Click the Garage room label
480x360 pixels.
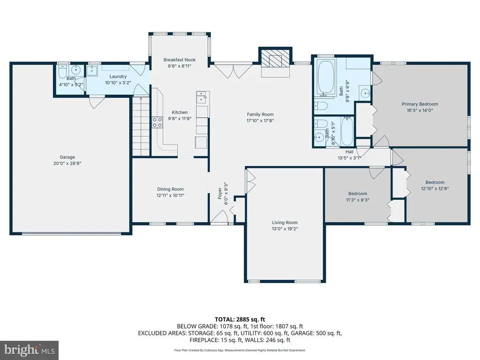[x=67, y=157]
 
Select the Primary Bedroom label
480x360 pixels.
[x=420, y=104]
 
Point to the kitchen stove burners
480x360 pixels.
[x=157, y=122]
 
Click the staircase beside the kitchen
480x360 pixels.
[x=141, y=127]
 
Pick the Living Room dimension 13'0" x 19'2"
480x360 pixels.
[x=285, y=229]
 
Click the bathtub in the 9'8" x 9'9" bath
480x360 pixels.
[x=326, y=77]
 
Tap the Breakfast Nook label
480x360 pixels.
[x=180, y=60]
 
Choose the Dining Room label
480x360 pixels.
[x=170, y=189]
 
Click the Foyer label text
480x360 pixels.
[x=220, y=194]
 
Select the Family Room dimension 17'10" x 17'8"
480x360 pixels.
[x=260, y=120]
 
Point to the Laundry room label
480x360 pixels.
[x=118, y=76]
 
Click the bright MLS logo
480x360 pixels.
[x=30, y=350]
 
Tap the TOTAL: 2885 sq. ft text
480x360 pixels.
[x=240, y=320]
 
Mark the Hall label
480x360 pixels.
[x=349, y=152]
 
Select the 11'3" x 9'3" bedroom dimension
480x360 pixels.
[x=358, y=200]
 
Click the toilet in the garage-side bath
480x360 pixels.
[x=63, y=72]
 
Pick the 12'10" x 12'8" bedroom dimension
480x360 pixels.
[x=435, y=188]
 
